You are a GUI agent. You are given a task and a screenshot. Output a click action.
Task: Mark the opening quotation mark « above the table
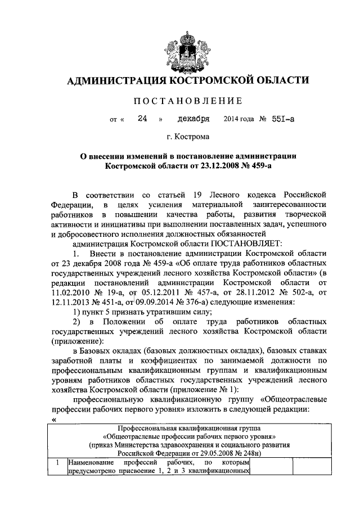[53, 420]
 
